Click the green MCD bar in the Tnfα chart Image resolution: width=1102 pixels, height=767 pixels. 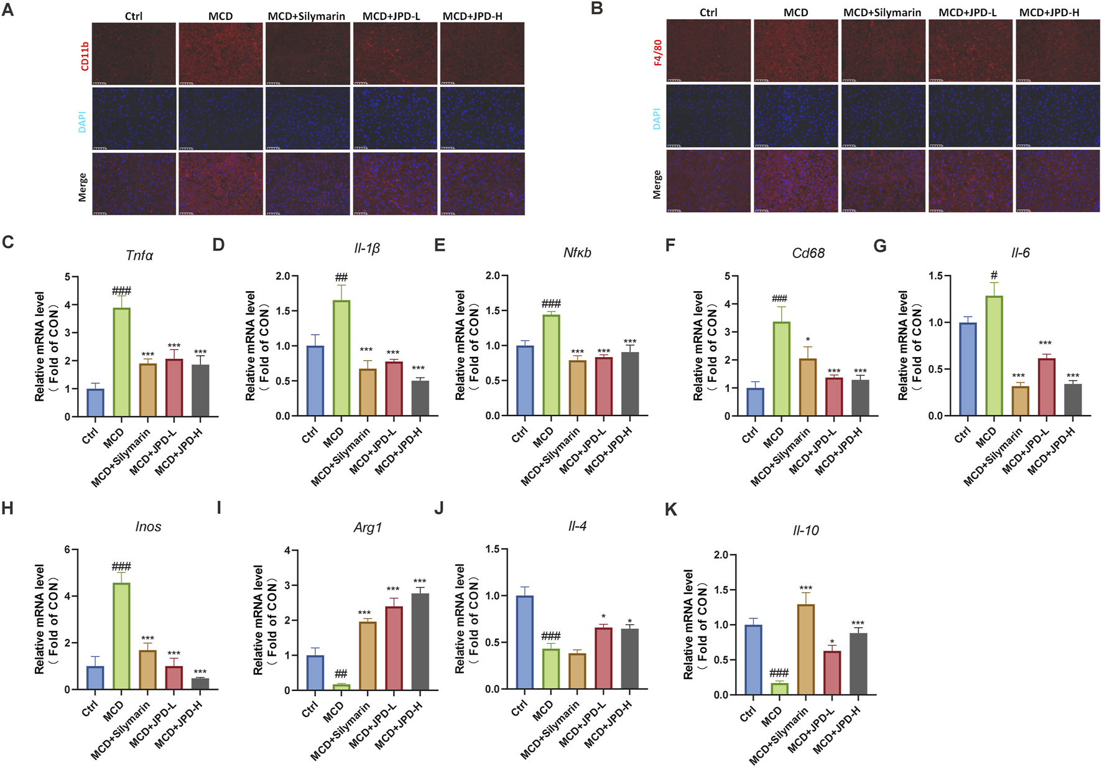[122, 362]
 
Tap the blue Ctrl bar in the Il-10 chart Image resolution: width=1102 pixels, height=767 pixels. [753, 659]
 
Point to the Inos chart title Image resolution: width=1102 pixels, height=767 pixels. [148, 527]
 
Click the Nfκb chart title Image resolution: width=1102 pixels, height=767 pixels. [577, 253]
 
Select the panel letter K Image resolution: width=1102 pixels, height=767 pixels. [670, 510]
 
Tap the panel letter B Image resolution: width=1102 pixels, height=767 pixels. [596, 9]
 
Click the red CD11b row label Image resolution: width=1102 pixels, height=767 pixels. [85, 56]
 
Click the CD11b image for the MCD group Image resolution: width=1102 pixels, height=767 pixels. [221, 53]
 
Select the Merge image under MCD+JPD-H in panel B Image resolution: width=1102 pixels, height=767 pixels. [1057, 181]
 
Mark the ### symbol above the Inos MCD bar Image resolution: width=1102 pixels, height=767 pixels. [121, 567]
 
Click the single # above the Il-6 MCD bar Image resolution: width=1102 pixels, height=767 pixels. [994, 275]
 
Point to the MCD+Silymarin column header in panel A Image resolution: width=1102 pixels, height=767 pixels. [306, 16]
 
